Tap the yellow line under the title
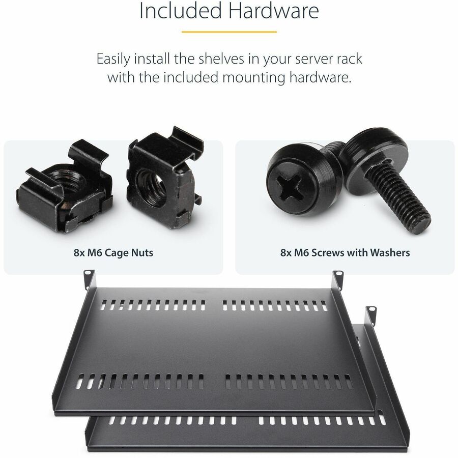click(228, 32)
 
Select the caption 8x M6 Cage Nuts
click(113, 252)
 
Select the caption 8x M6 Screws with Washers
click(345, 252)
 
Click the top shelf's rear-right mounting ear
click(338, 278)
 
